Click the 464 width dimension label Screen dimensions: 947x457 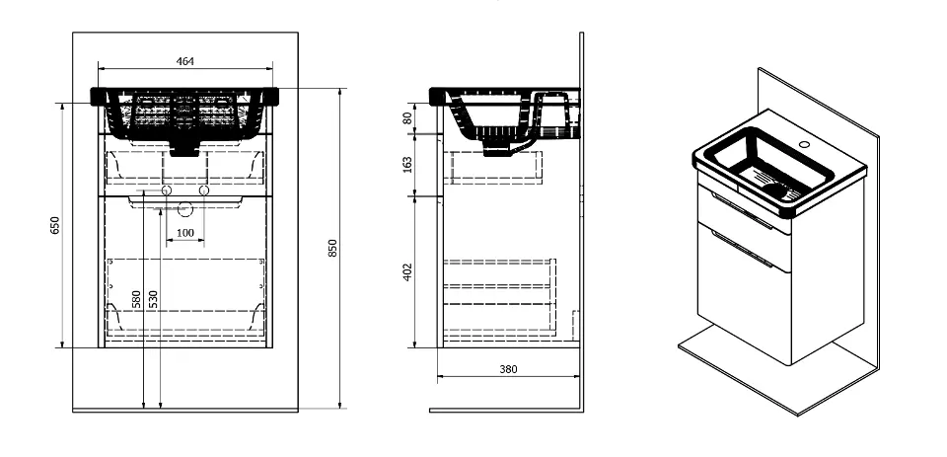pyautogui.click(x=184, y=61)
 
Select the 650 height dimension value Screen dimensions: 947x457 pyautogui.click(x=55, y=225)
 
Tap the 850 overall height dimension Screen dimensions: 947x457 pyautogui.click(x=332, y=248)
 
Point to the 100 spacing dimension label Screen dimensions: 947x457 pyautogui.click(x=185, y=233)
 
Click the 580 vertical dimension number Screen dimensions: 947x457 pyautogui.click(x=136, y=299)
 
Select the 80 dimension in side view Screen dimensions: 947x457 pyautogui.click(x=407, y=117)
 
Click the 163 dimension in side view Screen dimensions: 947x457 pyautogui.click(x=407, y=165)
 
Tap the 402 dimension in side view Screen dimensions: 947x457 pyautogui.click(x=407, y=272)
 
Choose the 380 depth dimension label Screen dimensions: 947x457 pyautogui.click(x=509, y=369)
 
